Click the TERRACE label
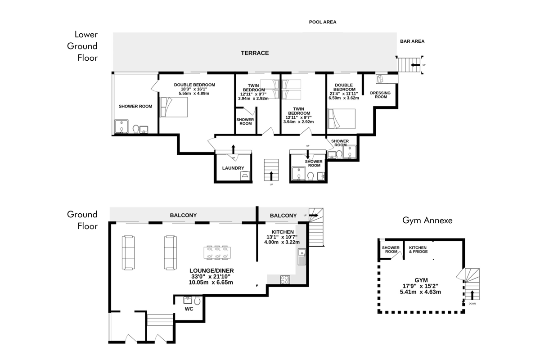pos(255,53)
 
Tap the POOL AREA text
pos(323,22)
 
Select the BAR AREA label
pos(412,41)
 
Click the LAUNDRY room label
pos(233,168)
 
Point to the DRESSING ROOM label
pos(380,95)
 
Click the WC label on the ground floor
pos(189,309)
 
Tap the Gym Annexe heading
pos(427,220)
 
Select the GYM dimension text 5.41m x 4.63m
pos(420,292)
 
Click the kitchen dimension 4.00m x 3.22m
pos(282,242)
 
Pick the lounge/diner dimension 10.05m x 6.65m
pos(211,282)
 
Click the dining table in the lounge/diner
pos(217,252)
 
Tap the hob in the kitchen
pos(285,280)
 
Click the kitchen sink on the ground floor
pos(302,257)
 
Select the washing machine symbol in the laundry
pos(245,175)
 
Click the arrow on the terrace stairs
pos(415,65)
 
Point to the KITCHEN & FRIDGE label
pos(418,250)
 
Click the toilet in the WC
pos(197,301)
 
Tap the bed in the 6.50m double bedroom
pos(342,119)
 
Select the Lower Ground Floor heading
pos(82,46)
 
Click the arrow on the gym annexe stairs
pos(472,295)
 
